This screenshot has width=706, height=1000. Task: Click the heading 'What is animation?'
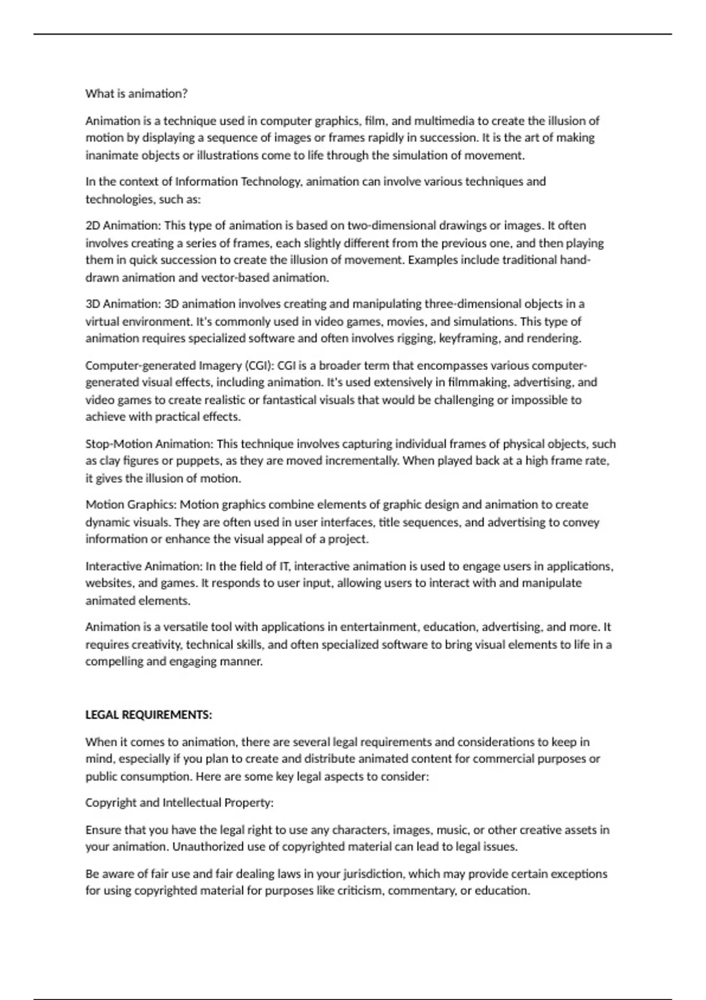(x=136, y=94)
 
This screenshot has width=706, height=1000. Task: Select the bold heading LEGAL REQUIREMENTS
(x=148, y=715)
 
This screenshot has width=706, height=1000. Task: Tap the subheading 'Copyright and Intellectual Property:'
(x=179, y=802)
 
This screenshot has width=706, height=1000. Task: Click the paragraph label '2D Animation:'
(x=123, y=225)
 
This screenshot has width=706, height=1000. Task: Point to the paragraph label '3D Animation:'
(x=123, y=304)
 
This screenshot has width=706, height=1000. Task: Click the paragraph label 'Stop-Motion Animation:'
(x=149, y=444)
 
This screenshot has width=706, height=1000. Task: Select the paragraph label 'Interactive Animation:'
(x=144, y=566)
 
